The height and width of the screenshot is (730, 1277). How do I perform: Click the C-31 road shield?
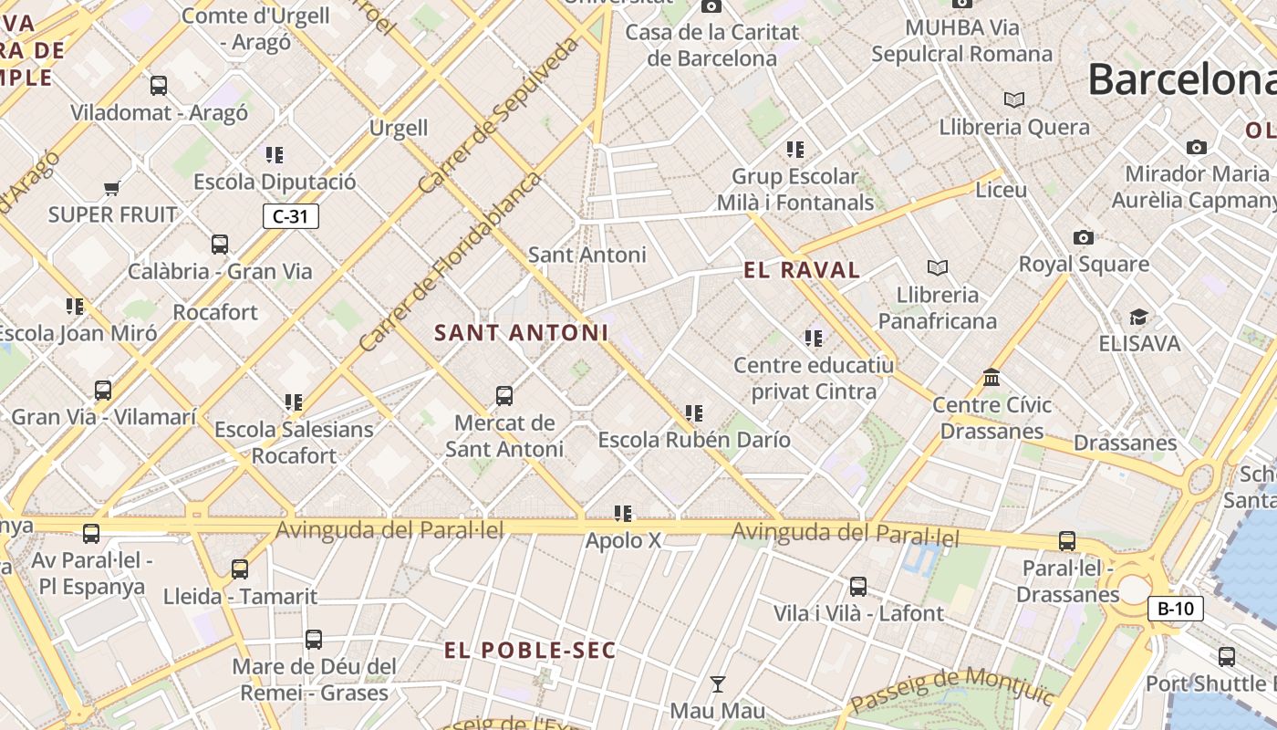pos(290,216)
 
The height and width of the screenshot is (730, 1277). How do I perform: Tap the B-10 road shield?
pos(1175,609)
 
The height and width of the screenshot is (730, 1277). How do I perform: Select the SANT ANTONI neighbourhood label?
pos(521,333)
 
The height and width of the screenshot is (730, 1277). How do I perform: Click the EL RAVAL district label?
pos(802,270)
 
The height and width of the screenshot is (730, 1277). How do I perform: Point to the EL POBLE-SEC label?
pos(530,651)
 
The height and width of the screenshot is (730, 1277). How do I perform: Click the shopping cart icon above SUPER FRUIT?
pos(111,189)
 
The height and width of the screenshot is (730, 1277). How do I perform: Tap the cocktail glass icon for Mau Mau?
pos(718,683)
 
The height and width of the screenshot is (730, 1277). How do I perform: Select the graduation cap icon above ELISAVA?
pos(1138,317)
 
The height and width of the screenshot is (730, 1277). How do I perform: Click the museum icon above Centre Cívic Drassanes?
pos(991,377)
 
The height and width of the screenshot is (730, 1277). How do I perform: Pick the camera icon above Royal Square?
pos(1083,237)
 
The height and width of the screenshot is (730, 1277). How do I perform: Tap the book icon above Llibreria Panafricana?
pos(937,267)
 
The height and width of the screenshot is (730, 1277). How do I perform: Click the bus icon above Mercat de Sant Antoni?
pos(504,395)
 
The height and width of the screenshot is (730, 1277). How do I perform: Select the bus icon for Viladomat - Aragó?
pos(159,86)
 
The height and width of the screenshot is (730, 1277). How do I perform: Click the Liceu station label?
pos(1001,191)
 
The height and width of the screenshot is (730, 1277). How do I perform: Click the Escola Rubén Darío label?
pos(693,440)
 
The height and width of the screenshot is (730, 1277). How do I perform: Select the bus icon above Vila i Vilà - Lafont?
pos(857,587)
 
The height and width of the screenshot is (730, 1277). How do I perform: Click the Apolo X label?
pos(623,540)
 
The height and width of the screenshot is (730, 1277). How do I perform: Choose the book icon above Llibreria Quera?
pos(1013,99)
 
